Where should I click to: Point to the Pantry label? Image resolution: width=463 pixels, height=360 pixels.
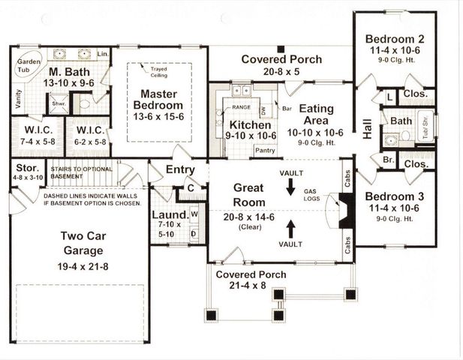click(265, 150)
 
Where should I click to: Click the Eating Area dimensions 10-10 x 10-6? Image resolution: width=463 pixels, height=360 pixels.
click(316, 133)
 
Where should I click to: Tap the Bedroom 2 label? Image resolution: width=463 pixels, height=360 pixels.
click(395, 38)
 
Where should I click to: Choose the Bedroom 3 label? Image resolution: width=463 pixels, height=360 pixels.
click(395, 196)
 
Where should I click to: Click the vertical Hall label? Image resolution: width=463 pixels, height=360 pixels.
click(368, 130)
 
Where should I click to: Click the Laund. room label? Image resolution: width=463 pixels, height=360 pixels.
click(169, 214)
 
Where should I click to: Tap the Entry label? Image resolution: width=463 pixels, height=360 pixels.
click(180, 169)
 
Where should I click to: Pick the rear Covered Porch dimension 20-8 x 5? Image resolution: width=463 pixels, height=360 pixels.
click(281, 72)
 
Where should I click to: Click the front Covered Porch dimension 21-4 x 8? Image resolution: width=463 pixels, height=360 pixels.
click(251, 286)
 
